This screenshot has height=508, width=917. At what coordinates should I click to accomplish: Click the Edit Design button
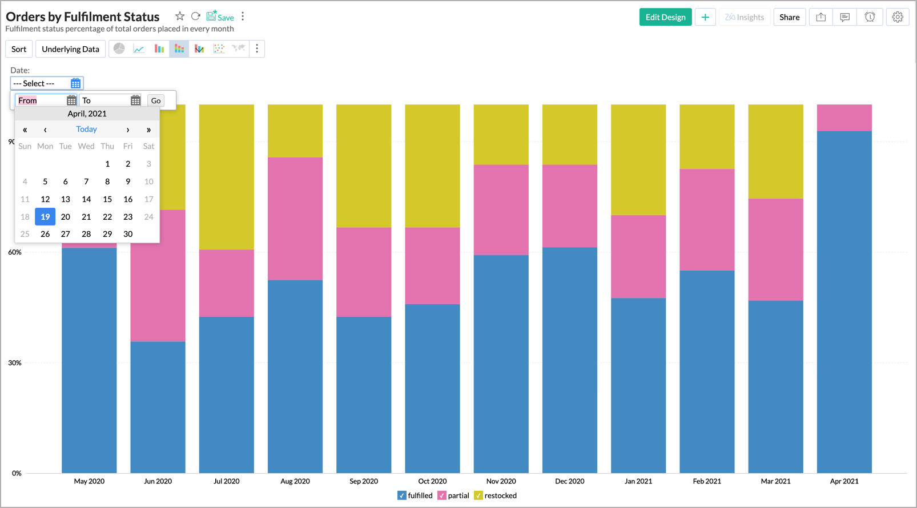(665, 17)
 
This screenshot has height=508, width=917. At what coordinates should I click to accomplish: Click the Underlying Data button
(70, 49)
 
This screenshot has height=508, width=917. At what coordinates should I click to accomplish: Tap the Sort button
(19, 49)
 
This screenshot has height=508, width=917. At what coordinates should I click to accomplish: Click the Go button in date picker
(156, 100)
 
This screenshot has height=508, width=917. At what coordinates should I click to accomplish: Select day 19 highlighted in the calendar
(45, 217)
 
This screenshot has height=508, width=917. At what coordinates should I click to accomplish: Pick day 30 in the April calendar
(128, 234)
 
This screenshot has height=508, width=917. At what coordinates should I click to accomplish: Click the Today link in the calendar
(86, 129)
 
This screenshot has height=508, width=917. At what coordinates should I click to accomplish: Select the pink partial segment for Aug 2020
(295, 219)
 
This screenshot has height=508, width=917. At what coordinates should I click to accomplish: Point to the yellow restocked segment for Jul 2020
(227, 177)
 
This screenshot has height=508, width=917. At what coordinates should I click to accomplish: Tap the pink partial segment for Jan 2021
(638, 256)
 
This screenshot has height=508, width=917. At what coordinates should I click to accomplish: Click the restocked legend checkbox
(478, 495)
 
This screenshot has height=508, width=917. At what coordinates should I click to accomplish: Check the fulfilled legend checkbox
(402, 495)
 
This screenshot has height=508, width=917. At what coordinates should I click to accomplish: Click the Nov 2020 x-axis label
(501, 481)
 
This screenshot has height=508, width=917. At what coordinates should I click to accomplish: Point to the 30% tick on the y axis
(15, 363)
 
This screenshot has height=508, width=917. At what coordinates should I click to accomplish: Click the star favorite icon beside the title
(180, 17)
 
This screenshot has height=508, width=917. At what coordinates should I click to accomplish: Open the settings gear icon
(898, 17)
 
